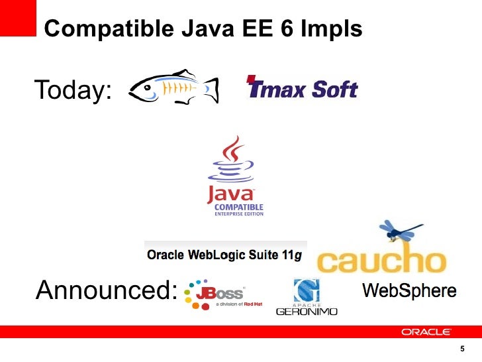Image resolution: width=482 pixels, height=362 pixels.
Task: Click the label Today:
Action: pyautogui.click(x=73, y=91)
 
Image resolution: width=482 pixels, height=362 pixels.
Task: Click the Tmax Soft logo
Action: pyautogui.click(x=302, y=88)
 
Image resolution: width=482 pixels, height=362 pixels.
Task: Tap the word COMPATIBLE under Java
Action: pyautogui.click(x=238, y=207)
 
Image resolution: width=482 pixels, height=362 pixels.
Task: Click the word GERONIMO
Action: pyautogui.click(x=307, y=311)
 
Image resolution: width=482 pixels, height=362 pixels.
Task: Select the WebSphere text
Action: pyautogui.click(x=409, y=290)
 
